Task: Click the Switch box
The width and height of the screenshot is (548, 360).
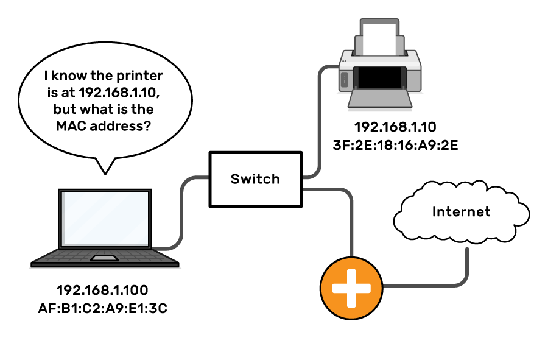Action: pyautogui.click(x=255, y=179)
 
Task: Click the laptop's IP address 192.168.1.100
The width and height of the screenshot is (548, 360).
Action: pyautogui.click(x=102, y=290)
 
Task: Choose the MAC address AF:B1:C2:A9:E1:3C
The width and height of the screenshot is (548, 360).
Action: pyautogui.click(x=102, y=308)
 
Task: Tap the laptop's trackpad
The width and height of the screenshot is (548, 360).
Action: pyautogui.click(x=105, y=259)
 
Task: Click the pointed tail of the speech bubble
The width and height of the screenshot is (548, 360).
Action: pyautogui.click(x=105, y=167)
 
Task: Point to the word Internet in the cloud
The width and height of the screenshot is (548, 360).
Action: pyautogui.click(x=461, y=212)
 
